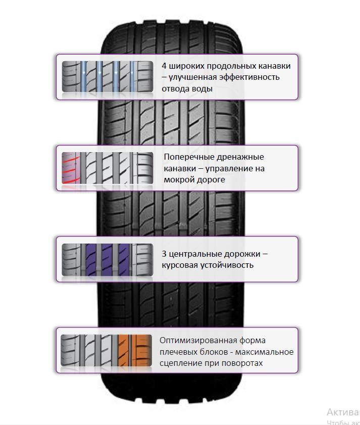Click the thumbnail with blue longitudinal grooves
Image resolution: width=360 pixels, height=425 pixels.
(107, 77)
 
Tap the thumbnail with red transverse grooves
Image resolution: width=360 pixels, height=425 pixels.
(107, 168)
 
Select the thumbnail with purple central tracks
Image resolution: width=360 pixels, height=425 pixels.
(107, 259)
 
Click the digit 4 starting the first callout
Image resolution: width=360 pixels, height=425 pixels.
(164, 66)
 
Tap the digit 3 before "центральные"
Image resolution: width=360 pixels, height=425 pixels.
(164, 254)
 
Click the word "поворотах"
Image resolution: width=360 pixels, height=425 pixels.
(244, 363)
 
